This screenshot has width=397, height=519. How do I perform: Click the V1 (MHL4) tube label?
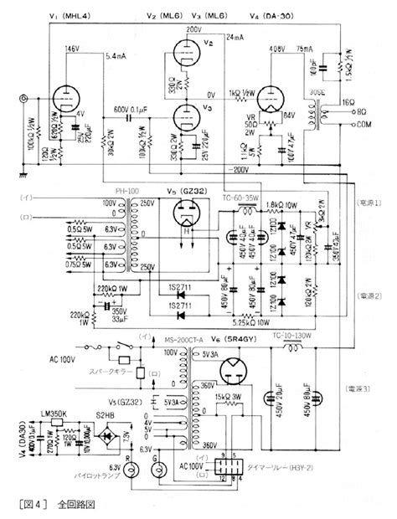(x=68, y=17)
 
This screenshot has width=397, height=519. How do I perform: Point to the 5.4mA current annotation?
(x=117, y=56)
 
